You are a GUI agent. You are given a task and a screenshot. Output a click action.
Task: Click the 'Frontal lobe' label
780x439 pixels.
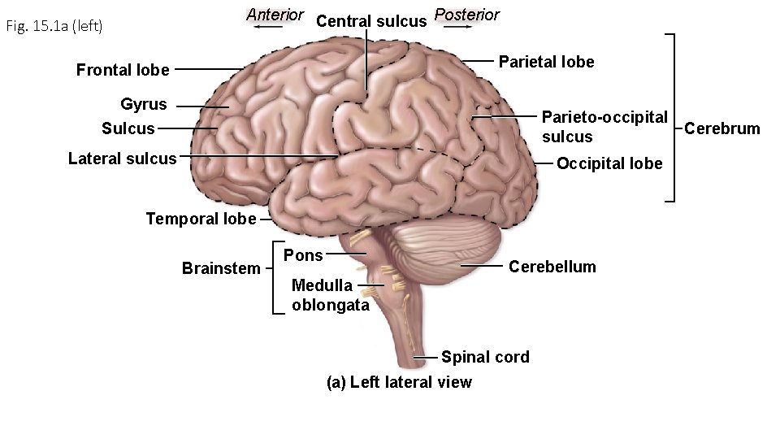click(x=123, y=70)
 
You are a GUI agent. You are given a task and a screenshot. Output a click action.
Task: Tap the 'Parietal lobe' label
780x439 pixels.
click(x=546, y=62)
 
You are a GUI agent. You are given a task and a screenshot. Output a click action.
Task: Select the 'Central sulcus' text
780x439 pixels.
click(x=370, y=21)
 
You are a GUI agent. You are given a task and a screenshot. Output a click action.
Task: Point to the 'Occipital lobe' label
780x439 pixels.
click(x=609, y=164)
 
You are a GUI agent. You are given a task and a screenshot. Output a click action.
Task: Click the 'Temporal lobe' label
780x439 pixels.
click(x=201, y=218)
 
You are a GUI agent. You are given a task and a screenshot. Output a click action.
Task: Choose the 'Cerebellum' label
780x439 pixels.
click(x=552, y=267)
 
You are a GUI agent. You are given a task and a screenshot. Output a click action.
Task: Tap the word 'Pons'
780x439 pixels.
click(x=303, y=255)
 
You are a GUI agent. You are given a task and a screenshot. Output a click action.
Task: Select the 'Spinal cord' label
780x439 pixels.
click(x=485, y=357)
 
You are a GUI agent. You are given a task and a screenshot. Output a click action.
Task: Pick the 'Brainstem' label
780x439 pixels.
click(x=221, y=268)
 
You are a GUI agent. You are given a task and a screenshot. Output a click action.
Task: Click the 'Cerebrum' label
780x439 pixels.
click(x=722, y=128)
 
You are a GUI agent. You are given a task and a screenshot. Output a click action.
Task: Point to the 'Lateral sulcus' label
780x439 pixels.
click(x=122, y=159)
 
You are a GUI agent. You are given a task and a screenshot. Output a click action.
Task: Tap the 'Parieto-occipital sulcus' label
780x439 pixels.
click(x=604, y=126)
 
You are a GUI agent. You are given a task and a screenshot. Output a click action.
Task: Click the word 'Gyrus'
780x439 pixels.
click(x=144, y=104)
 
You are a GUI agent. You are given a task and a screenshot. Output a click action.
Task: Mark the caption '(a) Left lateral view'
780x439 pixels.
click(x=398, y=382)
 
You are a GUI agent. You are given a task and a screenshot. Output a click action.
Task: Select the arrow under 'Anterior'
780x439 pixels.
click(x=267, y=27)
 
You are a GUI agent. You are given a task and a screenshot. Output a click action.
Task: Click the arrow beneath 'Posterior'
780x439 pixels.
click(x=457, y=27)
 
